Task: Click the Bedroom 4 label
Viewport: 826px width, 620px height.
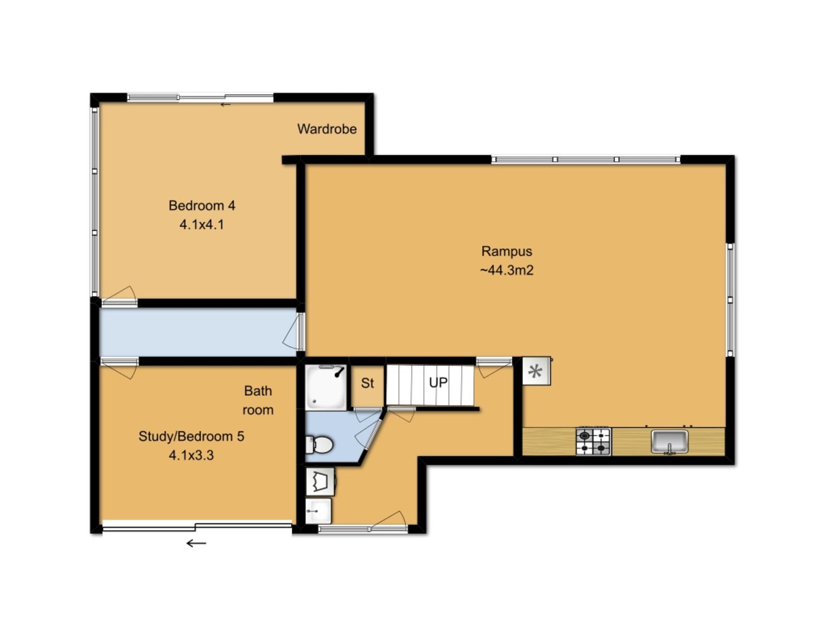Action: tap(202, 206)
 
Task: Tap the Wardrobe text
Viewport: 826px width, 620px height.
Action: tap(327, 129)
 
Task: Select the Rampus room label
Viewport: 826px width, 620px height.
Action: tap(506, 252)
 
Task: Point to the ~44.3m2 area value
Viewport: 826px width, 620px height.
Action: tap(506, 270)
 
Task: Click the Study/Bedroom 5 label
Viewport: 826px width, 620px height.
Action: tap(191, 436)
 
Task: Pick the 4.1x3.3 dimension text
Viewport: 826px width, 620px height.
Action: tap(191, 455)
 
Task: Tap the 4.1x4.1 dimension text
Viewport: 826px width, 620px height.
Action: tap(202, 225)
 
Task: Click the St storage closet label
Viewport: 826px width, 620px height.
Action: tap(367, 383)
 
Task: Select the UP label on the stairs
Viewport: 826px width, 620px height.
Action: tap(438, 383)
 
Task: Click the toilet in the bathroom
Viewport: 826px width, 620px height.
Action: tap(319, 444)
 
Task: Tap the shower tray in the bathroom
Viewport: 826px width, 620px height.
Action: tap(326, 387)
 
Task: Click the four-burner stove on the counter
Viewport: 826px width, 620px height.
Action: tap(594, 442)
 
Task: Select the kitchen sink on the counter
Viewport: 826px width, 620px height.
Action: tap(670, 442)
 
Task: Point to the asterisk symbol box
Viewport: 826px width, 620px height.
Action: tap(536, 371)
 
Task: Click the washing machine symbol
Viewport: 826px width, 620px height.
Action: tap(320, 482)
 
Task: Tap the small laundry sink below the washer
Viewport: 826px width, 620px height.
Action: tap(319, 511)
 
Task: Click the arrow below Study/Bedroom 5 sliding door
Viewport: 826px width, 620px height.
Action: tap(197, 543)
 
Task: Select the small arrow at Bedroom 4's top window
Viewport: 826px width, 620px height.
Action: tap(226, 105)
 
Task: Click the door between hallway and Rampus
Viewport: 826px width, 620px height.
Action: tap(294, 332)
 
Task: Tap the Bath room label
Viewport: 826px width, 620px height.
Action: tap(258, 400)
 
